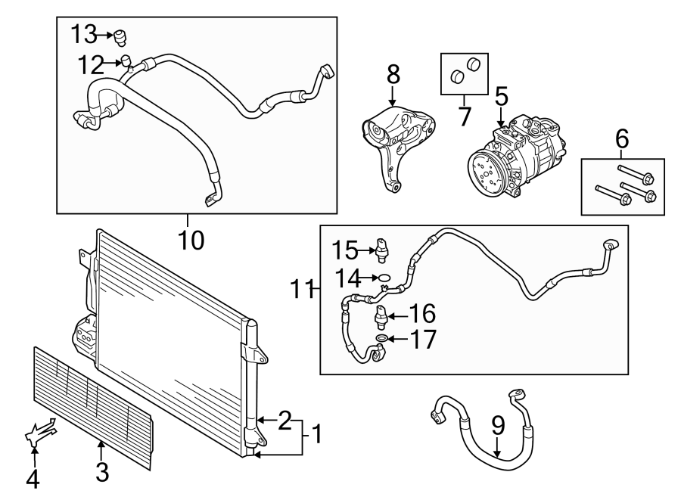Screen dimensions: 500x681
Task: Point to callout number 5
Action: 501,97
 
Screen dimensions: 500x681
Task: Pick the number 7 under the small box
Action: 464,116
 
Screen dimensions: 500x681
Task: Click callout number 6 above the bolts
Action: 622,139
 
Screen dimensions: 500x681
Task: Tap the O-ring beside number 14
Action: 384,277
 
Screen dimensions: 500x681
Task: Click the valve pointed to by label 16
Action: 381,313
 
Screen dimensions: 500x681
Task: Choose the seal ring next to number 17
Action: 382,337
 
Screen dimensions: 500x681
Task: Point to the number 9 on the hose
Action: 498,427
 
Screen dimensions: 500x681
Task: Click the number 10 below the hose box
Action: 191,240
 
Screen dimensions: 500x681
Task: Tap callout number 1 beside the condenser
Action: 316,434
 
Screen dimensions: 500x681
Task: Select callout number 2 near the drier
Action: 284,420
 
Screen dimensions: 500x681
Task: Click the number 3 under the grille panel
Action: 102,472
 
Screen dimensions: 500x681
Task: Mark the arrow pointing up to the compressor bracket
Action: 393,96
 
